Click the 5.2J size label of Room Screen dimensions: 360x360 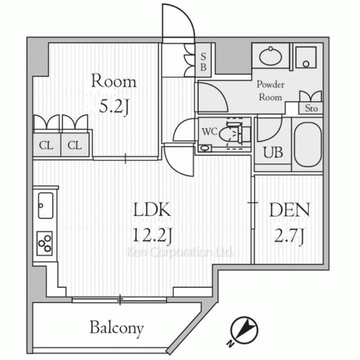tap(114, 107)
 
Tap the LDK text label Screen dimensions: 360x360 tap(152, 210)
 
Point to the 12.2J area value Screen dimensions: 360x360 tap(152, 235)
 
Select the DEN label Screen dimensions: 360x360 tap(289, 210)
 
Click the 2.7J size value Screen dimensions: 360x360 tap(289, 235)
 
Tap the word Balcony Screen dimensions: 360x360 tap(117, 328)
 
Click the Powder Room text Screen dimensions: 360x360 tap(271, 91)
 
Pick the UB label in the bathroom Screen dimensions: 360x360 tap(273, 152)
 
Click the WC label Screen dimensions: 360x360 tap(210, 132)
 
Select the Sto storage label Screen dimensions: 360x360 tap(311, 108)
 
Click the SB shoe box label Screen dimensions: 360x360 tap(203, 62)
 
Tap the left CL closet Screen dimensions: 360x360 tap(46, 145)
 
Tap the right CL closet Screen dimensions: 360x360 tap(75, 145)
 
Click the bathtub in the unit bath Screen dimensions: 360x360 tap(307, 145)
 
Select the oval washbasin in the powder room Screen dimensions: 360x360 tap(271, 56)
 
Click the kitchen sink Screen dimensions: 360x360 tap(45, 206)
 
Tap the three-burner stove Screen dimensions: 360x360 tap(45, 243)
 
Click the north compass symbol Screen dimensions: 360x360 tap(244, 330)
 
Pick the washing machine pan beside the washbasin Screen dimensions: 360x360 tap(306, 58)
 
